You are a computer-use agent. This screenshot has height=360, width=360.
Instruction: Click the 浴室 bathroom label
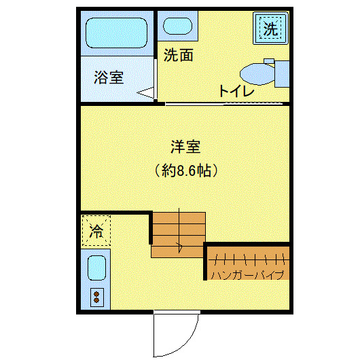109,77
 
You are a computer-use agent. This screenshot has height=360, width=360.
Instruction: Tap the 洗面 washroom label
179,56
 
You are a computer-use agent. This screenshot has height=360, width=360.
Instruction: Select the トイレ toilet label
236,91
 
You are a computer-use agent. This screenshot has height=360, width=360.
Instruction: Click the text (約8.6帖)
186,170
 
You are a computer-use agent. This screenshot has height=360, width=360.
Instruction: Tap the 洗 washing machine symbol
270,29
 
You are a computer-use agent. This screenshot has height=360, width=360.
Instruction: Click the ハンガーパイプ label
247,275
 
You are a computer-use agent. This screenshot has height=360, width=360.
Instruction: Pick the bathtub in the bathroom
116,33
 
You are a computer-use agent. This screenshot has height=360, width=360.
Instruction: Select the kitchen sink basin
96,269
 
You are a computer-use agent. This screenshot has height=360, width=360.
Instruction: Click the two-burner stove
96,297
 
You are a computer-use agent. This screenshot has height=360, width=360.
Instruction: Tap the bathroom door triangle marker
146,93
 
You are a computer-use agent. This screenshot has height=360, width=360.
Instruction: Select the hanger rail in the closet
247,259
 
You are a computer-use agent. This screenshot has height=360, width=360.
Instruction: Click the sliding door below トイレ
224,104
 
